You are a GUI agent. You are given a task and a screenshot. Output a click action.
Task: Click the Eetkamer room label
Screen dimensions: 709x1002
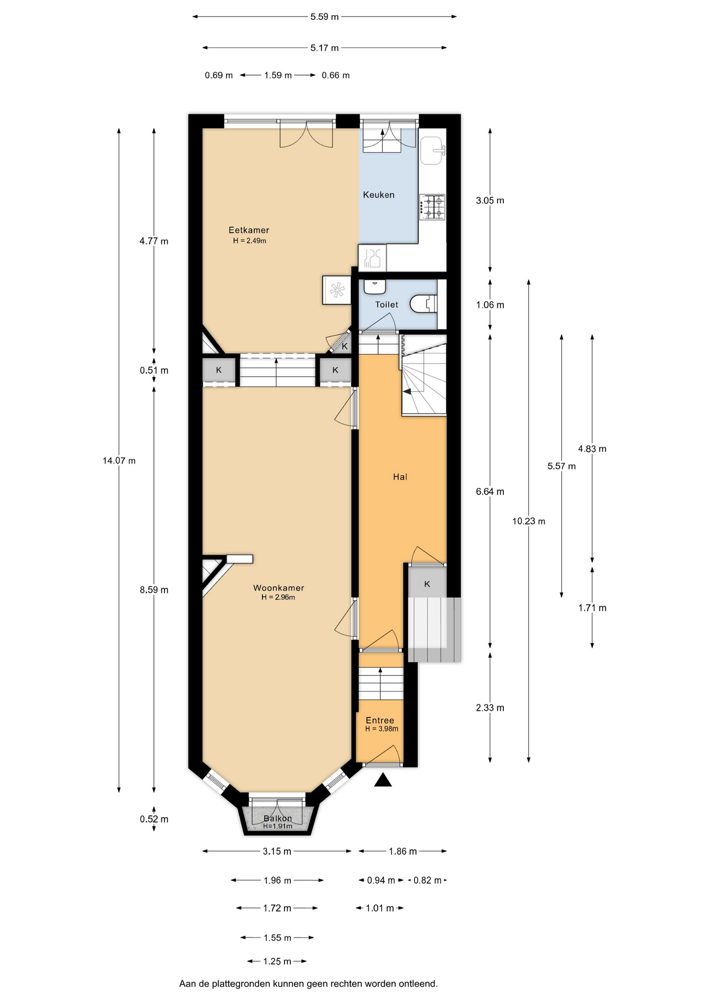point(249,230)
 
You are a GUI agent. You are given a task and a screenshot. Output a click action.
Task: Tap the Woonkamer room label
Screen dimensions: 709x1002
point(279,588)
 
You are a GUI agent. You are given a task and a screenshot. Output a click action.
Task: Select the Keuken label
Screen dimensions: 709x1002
point(379,195)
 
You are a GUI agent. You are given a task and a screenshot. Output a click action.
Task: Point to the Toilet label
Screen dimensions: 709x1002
point(386,304)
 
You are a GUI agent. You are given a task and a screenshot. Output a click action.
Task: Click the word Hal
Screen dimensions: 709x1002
point(400,476)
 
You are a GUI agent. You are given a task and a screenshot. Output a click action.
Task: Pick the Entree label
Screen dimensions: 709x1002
point(380,720)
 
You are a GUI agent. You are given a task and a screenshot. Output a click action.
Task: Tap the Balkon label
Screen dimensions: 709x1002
point(278,818)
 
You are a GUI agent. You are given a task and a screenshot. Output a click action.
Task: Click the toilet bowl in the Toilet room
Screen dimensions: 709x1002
point(423,304)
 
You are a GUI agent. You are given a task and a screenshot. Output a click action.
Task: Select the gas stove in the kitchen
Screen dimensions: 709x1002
point(433,206)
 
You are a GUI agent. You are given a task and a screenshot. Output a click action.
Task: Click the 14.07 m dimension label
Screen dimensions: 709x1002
point(119,461)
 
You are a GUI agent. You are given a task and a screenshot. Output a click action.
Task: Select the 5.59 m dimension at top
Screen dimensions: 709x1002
point(325,17)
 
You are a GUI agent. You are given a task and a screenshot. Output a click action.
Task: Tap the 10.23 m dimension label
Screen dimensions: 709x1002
point(529,521)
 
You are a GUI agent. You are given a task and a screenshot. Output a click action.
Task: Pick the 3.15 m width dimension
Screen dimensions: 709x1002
point(277,851)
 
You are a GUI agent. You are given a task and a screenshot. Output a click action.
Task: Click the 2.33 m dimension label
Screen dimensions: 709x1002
point(490,708)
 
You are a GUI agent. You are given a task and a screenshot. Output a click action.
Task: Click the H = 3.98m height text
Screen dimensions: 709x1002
point(382,729)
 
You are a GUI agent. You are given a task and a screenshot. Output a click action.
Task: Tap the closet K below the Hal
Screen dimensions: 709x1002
point(427,583)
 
